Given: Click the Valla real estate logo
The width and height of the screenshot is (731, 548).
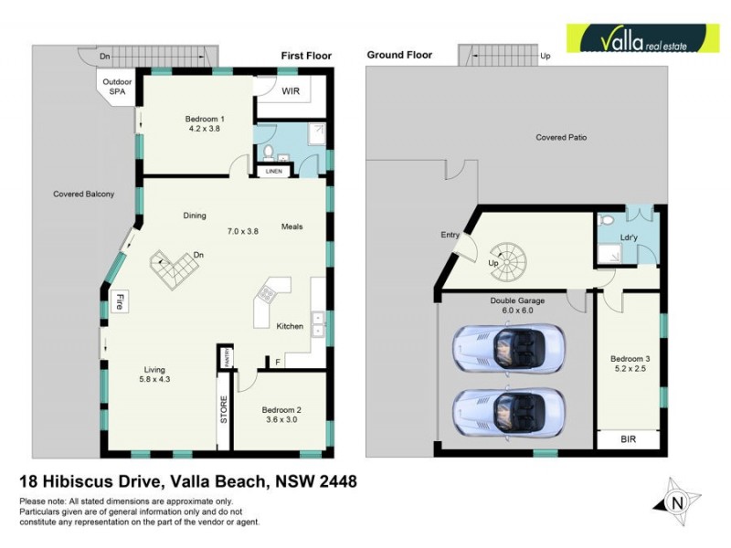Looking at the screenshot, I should [x=639, y=39].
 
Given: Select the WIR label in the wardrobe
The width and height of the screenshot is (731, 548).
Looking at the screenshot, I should [x=291, y=91].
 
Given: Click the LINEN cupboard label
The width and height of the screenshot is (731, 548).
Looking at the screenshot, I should [x=273, y=171].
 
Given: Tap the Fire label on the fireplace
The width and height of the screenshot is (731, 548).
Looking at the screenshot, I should [x=119, y=302].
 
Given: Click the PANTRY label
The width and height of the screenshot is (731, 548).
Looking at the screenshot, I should [x=223, y=356].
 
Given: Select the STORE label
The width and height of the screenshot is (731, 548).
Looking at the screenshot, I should [x=222, y=407].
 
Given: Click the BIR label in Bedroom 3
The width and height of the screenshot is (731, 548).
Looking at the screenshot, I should [x=627, y=440].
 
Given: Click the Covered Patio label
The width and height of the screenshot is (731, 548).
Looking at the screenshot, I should [x=560, y=137].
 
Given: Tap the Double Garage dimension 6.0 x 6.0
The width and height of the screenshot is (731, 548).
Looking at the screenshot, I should [x=517, y=310].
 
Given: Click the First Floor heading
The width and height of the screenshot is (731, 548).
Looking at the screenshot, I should [x=306, y=56].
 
